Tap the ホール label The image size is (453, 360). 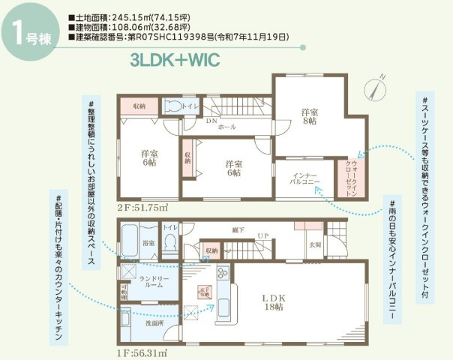pyautogui.click(x=226, y=127)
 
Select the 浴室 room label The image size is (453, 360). pyautogui.click(x=148, y=243)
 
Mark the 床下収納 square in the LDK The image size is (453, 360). pyautogui.click(x=202, y=292)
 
